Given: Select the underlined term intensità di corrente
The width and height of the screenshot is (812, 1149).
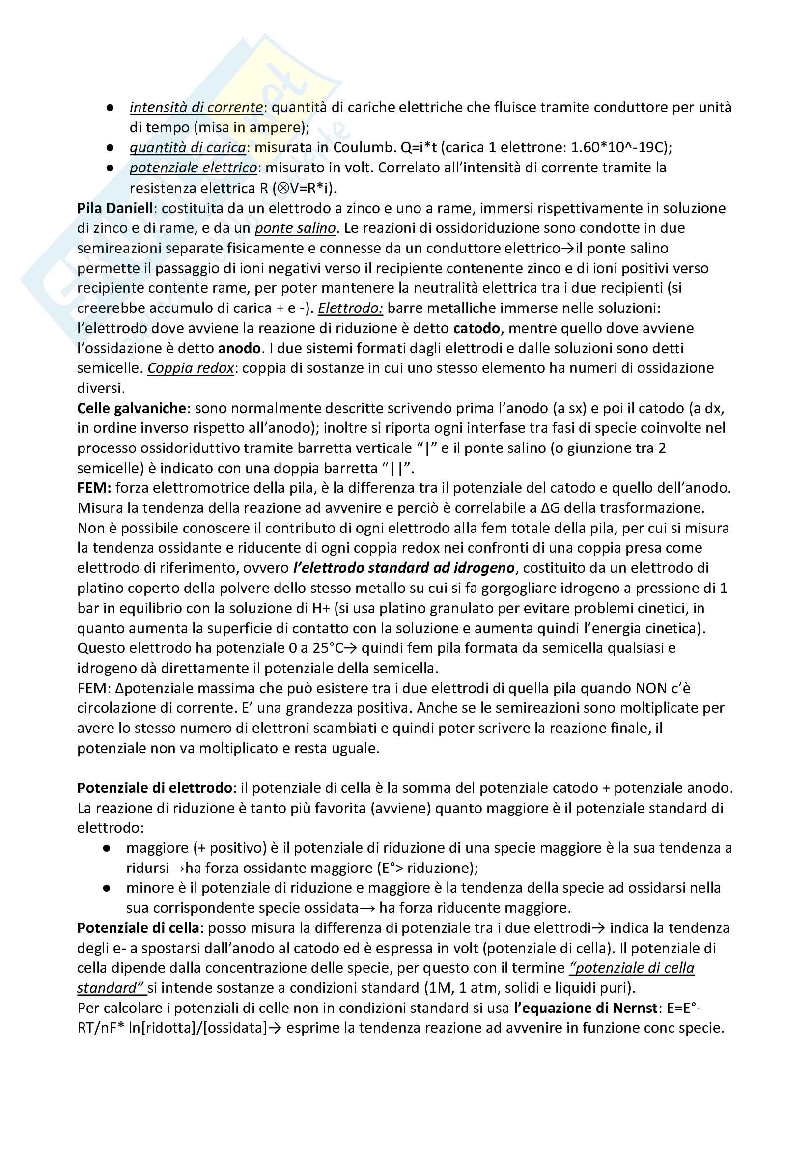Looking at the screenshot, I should (196, 107).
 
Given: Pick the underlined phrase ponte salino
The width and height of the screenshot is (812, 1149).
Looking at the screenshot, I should (295, 228).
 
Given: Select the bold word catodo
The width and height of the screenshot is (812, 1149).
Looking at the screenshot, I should (476, 328).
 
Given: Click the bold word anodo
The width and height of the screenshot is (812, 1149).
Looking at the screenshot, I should (239, 348).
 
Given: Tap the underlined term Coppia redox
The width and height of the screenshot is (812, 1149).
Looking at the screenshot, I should (191, 368).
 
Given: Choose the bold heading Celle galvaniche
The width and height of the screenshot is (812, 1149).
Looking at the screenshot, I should (132, 408).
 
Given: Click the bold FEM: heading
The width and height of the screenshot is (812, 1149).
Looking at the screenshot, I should (94, 488).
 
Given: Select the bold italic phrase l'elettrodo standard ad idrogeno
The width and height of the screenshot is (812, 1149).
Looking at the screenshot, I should (404, 568).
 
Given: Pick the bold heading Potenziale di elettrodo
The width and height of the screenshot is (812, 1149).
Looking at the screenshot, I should (155, 788).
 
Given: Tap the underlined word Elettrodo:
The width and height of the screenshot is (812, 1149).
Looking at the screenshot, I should (350, 308).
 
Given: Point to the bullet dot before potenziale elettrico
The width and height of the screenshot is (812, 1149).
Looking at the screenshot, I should (110, 168).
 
